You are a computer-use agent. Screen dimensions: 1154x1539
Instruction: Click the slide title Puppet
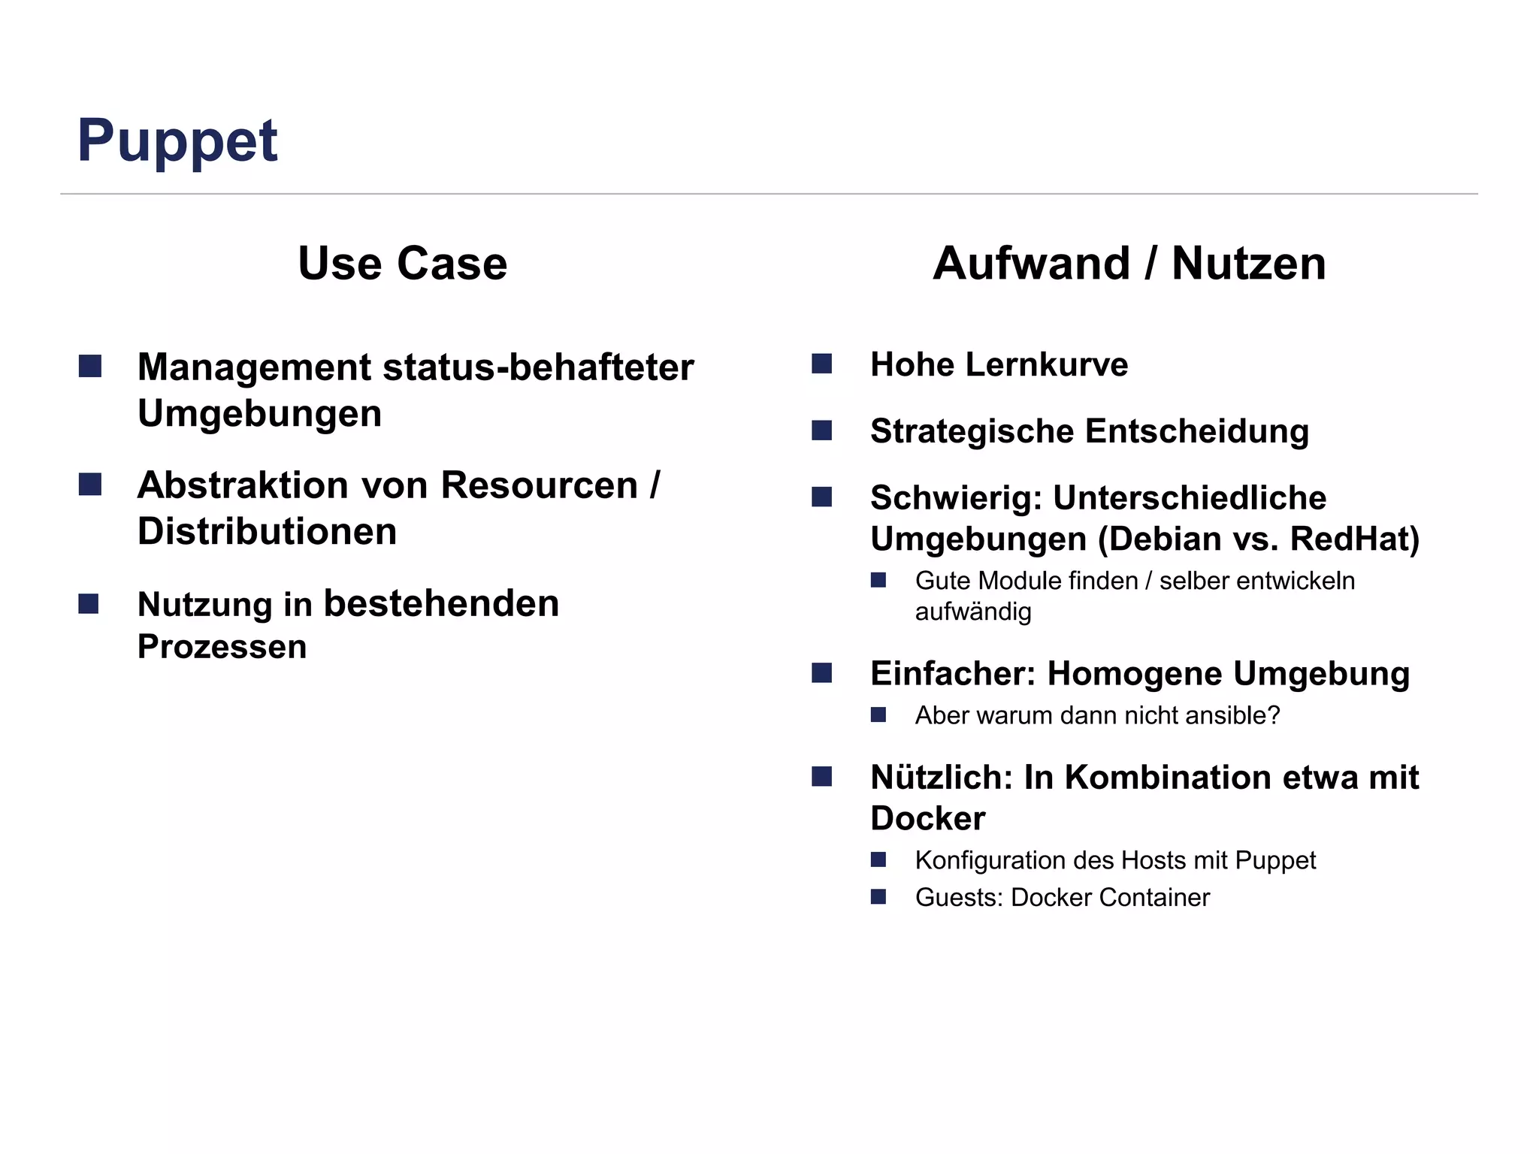[177, 141]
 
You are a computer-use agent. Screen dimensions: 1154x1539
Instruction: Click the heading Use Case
[402, 264]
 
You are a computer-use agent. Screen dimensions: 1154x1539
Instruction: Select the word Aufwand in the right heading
[1031, 264]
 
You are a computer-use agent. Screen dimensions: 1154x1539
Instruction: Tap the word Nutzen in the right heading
[1248, 264]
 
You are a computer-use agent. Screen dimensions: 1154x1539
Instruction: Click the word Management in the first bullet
[254, 367]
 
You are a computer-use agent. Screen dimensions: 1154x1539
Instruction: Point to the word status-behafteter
[538, 367]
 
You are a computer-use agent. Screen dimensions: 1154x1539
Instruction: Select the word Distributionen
[267, 532]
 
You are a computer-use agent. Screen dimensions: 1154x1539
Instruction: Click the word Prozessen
[222, 647]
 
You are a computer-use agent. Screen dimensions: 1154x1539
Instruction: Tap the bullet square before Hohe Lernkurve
[821, 364]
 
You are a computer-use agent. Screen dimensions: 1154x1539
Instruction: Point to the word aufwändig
[972, 612]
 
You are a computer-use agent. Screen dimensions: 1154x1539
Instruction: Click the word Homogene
[1135, 674]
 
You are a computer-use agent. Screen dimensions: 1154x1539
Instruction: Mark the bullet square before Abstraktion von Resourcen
[89, 485]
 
